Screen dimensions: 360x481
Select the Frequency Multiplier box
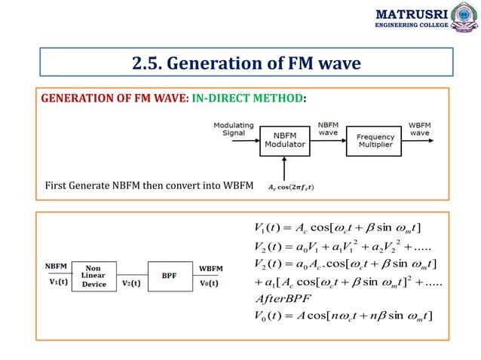[x=375, y=141]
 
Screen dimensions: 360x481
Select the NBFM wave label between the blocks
[x=329, y=129]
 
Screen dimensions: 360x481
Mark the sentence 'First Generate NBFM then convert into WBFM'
[x=149, y=185]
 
